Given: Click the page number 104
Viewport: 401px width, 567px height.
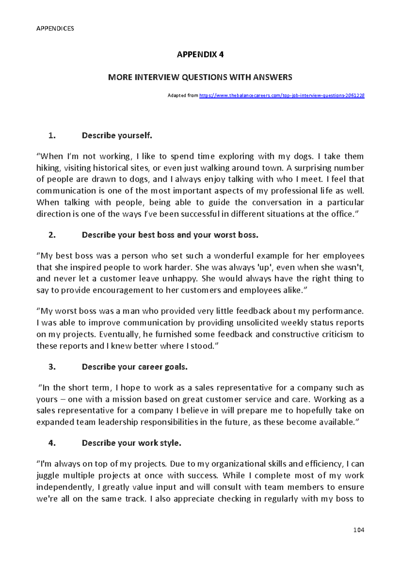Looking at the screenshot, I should click(359, 530).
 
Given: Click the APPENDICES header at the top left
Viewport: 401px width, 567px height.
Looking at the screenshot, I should click(55, 28).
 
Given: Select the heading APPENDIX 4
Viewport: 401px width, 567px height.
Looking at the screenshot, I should click(200, 54).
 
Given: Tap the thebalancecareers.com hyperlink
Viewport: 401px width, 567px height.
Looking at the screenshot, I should click(282, 96).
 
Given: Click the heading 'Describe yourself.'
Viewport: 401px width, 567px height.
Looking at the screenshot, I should click(117, 135).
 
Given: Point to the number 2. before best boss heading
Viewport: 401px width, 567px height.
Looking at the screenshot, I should click(52, 235).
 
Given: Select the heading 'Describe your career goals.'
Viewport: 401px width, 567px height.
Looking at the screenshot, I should click(135, 367).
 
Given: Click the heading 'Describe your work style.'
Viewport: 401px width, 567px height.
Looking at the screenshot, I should click(131, 443).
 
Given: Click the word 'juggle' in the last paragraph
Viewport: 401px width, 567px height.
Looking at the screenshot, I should click(47, 475).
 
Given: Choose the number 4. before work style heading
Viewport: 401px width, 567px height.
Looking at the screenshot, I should click(52, 443).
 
